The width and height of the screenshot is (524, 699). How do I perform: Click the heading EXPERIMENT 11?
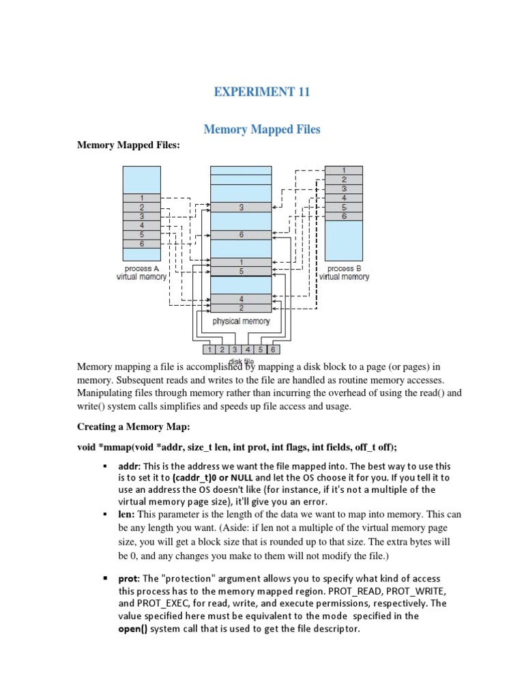tap(263, 91)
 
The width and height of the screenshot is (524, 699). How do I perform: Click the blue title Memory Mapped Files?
tap(263, 129)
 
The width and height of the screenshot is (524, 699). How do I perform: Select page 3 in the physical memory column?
tap(241, 208)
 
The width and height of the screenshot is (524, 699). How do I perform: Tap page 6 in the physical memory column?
tap(241, 235)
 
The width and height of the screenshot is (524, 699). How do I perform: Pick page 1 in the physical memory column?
tap(241, 262)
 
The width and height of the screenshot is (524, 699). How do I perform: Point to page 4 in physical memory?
tap(241, 298)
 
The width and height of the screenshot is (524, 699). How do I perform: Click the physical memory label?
tap(241, 321)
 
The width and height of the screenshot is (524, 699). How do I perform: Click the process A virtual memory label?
tap(142, 273)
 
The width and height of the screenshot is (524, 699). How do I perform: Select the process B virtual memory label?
tap(345, 273)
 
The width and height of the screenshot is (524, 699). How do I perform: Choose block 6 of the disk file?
tap(272, 349)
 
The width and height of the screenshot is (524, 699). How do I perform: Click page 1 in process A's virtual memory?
tap(141, 197)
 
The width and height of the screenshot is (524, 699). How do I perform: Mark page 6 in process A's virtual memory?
tap(141, 244)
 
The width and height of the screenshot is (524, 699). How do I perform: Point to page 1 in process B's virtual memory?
tap(344, 170)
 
